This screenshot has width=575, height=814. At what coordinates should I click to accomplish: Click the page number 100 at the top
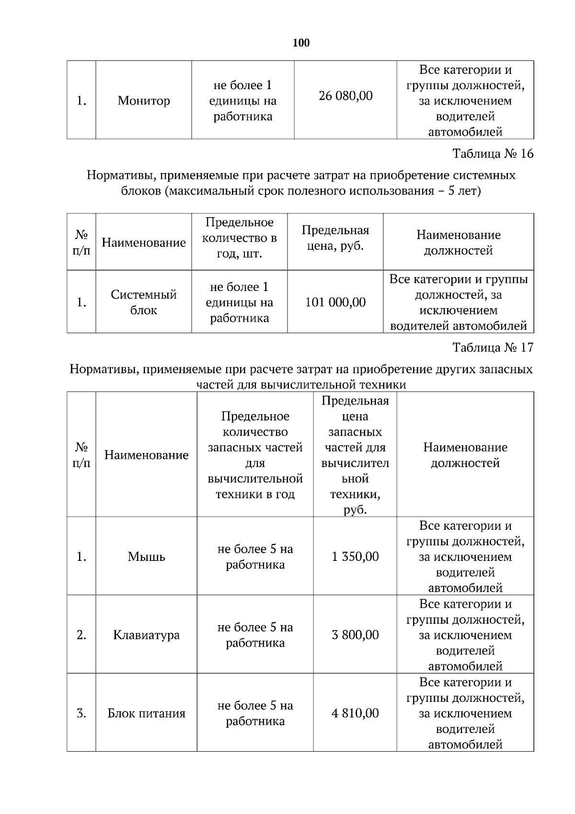coord(301,43)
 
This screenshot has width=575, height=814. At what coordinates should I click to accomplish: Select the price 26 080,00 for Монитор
coord(345,96)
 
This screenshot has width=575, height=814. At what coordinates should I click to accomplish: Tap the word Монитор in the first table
coord(144,101)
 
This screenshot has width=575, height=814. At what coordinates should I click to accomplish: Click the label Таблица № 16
coord(493,154)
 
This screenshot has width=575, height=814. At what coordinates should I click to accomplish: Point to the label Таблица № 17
coord(493,348)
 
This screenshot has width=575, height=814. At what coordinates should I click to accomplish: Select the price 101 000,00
coord(335,302)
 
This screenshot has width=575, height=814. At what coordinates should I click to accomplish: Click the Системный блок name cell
coord(144,302)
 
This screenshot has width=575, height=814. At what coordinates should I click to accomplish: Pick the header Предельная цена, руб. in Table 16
coord(335,238)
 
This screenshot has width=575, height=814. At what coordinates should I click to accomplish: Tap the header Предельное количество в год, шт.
coord(239,238)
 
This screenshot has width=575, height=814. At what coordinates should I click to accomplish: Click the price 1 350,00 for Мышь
coord(355,557)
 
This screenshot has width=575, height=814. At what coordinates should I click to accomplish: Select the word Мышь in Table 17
coord(146,557)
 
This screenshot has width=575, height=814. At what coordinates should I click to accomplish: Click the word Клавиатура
coord(146,635)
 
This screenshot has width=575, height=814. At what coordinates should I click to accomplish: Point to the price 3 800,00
coord(355,635)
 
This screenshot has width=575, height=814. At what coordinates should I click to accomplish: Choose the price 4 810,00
coord(355,713)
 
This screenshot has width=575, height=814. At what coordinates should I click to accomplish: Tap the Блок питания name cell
coord(146,713)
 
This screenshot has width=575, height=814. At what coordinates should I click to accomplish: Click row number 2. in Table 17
coord(81,635)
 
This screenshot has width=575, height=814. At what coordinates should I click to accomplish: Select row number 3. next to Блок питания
coord(81,713)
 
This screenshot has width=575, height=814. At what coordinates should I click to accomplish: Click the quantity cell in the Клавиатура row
coord(255,635)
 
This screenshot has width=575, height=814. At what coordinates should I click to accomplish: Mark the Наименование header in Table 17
coord(146,455)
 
